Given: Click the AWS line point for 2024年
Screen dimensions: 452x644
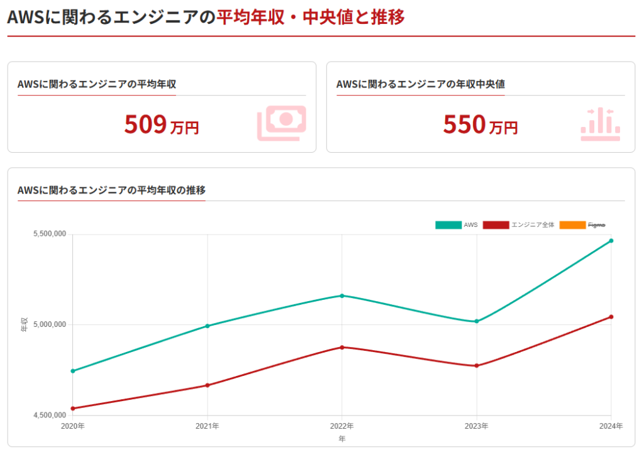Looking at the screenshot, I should [x=611, y=241].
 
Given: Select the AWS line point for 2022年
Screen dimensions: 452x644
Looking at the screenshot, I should [x=341, y=295].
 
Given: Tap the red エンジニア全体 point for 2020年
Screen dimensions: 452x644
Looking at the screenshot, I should [x=73, y=409].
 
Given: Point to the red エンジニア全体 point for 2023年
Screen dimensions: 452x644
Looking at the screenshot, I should [x=476, y=366].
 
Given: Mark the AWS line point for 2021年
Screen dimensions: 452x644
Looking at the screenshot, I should [x=207, y=326].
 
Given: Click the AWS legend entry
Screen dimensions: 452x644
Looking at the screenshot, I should [x=457, y=225].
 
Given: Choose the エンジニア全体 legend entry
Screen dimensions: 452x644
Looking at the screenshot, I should [x=519, y=225].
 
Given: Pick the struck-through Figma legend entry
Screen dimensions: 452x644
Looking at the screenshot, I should [x=582, y=225].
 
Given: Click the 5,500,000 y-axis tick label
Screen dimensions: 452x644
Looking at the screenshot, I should [x=50, y=234].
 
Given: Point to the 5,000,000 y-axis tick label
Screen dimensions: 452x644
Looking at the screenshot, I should [x=50, y=325].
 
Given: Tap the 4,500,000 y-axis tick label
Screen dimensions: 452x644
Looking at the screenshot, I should [x=50, y=416].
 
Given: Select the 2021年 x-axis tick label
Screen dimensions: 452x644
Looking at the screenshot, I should [x=207, y=426].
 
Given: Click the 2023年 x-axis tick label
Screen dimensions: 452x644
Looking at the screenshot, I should [x=476, y=426].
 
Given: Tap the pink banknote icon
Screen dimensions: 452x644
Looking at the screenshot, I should [x=281, y=123].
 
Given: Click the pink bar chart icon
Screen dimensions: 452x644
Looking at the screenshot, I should [x=600, y=123].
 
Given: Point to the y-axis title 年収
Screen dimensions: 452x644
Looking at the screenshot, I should [x=24, y=325].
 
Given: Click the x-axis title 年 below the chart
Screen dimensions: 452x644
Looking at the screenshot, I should [x=341, y=439].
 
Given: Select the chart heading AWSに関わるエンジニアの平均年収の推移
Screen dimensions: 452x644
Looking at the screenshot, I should [x=111, y=190].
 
